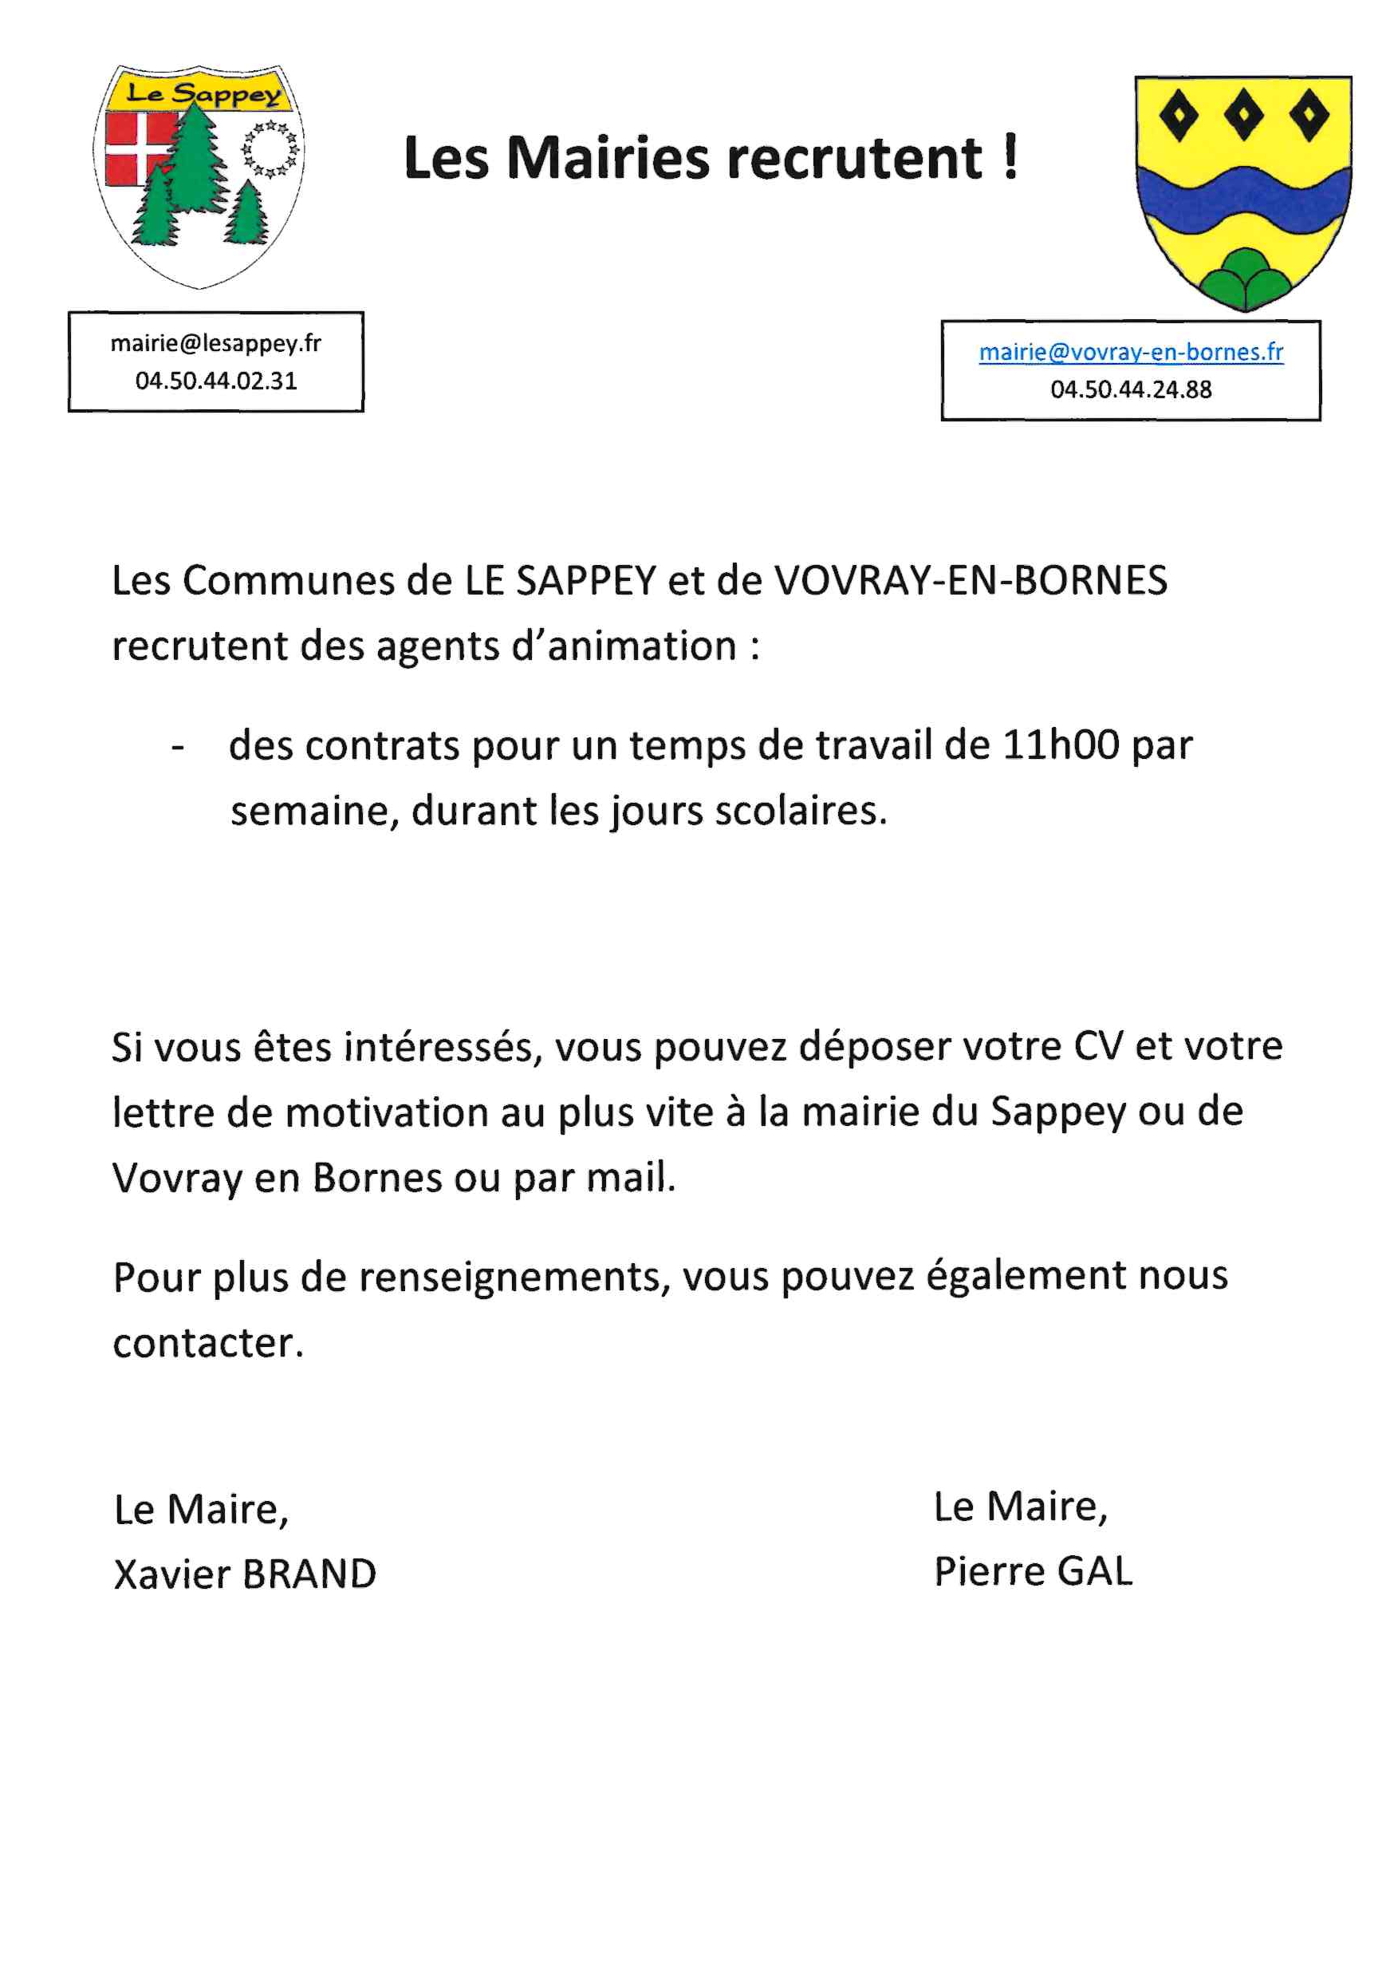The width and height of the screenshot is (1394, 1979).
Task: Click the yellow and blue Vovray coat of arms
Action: [x=1242, y=192]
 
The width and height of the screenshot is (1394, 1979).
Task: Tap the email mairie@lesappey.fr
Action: [x=215, y=343]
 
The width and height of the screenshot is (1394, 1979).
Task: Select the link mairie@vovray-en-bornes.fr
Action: [x=1130, y=352]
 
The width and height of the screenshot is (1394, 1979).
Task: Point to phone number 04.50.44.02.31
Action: [x=215, y=381]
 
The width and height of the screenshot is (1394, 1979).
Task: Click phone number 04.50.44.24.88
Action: [x=1130, y=389]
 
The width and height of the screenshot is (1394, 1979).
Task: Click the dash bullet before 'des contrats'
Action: [x=178, y=746]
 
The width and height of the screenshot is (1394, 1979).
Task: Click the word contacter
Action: [x=207, y=1342]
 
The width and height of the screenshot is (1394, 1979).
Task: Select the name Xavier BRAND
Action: [x=245, y=1574]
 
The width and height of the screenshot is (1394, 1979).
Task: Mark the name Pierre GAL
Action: [x=1032, y=1570]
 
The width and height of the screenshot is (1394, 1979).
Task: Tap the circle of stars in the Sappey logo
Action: [x=270, y=149]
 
